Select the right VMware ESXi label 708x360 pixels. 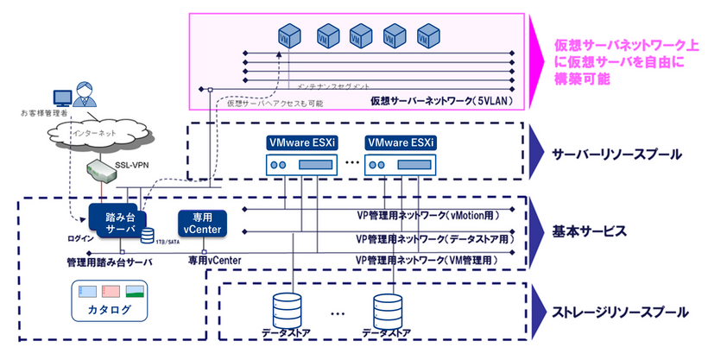click(400, 142)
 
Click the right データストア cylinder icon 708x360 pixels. click(388, 309)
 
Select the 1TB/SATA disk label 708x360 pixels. click(167, 244)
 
